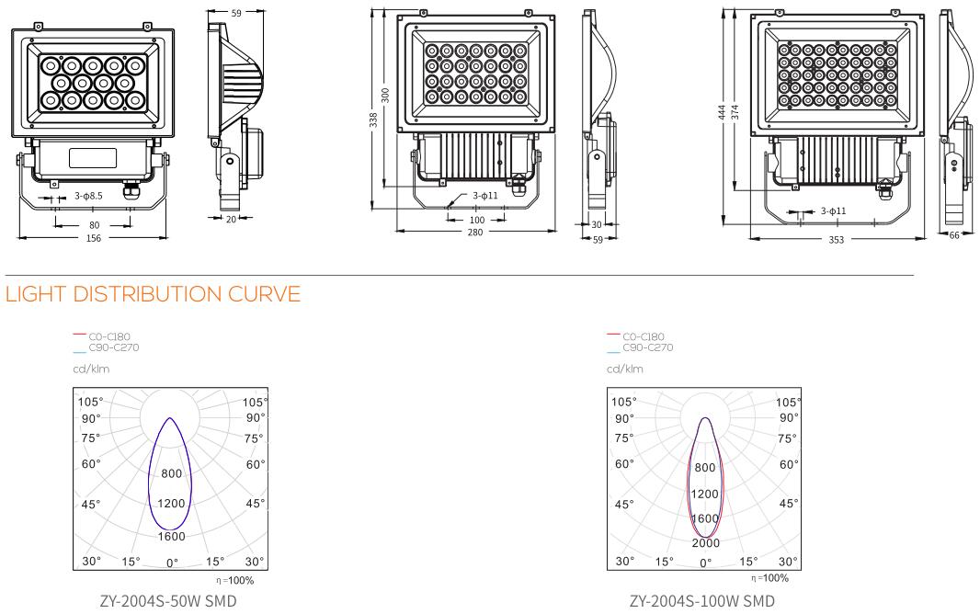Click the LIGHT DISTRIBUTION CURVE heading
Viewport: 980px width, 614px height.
pyautogui.click(x=154, y=294)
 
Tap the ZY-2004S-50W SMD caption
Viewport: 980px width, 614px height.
pyautogui.click(x=168, y=601)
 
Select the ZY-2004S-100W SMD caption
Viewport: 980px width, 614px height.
pyautogui.click(x=701, y=601)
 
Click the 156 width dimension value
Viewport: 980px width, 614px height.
pyautogui.click(x=93, y=238)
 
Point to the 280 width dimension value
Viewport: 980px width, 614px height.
pyautogui.click(x=475, y=233)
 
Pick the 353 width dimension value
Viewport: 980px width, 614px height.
pyautogui.click(x=837, y=239)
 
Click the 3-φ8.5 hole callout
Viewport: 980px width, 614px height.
pyautogui.click(x=89, y=196)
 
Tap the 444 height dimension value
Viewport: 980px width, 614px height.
pyautogui.click(x=723, y=112)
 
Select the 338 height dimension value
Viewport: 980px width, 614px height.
pyautogui.click(x=374, y=119)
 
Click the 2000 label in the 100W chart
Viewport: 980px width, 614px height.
pyautogui.click(x=706, y=543)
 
